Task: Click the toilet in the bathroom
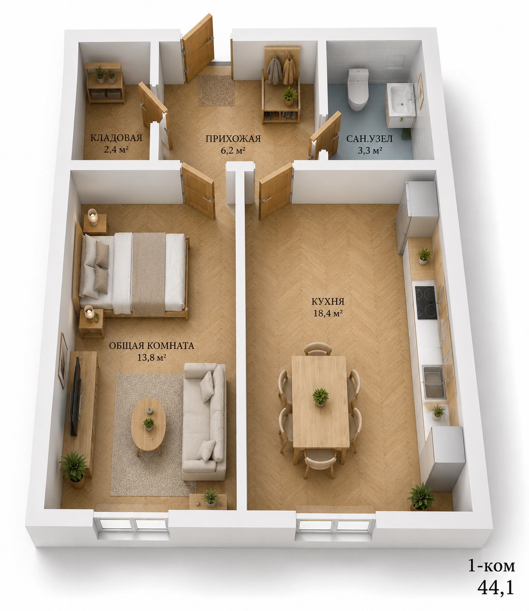tap(358, 89)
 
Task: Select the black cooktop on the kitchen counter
tap(426, 303)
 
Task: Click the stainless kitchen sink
tap(434, 382)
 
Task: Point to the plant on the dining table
tap(320, 397)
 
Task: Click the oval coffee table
tap(148, 425)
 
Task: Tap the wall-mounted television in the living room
tap(75, 396)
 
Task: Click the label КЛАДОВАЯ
tap(116, 138)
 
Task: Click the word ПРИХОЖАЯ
tap(233, 139)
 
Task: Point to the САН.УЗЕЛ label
tap(369, 139)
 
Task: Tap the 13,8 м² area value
tap(151, 358)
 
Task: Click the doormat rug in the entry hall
tap(216, 90)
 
